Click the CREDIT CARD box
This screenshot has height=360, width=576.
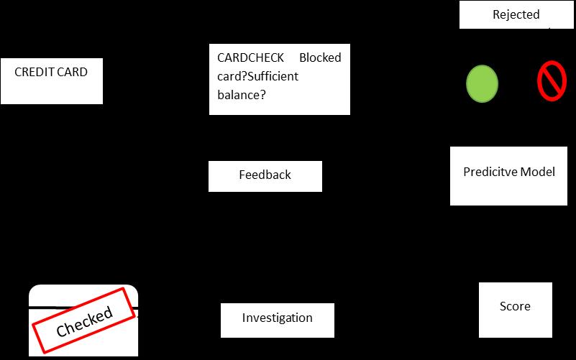pos(52,81)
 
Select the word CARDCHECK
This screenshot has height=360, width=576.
pos(251,57)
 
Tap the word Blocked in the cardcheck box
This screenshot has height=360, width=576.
pos(320,57)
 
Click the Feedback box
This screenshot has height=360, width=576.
pos(265,176)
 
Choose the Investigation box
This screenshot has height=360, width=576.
pos(277,320)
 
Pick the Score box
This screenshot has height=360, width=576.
pos(515,309)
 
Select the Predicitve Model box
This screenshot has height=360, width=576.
pos(509,176)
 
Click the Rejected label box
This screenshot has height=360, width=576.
pos(516,15)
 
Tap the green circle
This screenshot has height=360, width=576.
pos(483,83)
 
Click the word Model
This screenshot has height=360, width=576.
pos(537,172)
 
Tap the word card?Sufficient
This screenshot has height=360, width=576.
pos(257,76)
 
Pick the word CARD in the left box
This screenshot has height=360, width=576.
pos(74,72)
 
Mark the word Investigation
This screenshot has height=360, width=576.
pos(277,318)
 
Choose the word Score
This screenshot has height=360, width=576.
pos(515,306)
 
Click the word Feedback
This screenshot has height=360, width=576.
pos(265,175)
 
